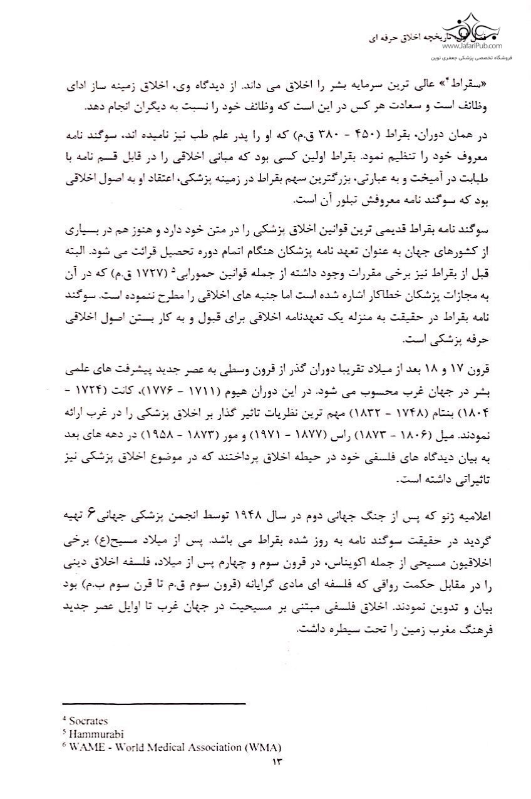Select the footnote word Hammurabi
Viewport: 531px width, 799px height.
tap(93, 734)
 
